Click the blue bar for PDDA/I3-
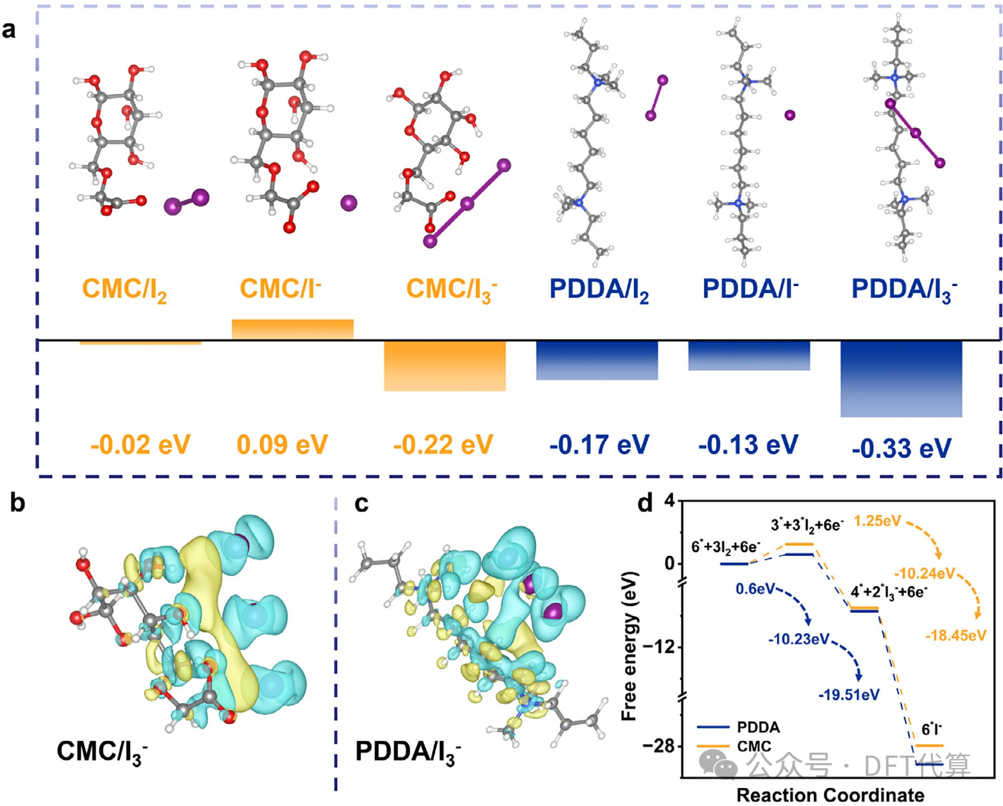click(901, 379)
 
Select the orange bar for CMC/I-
click(293, 329)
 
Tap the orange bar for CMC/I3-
click(445, 366)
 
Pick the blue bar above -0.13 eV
click(749, 355)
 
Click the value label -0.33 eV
click(902, 448)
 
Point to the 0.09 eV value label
click(282, 445)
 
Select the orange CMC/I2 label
click(124, 290)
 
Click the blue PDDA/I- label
click(751, 289)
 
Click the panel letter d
click(645, 503)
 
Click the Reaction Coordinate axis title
click(831, 795)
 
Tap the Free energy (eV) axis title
click(630, 645)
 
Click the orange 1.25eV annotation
click(878, 521)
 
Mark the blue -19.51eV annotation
click(849, 695)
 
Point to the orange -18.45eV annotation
click(955, 635)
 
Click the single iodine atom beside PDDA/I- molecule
click(790, 115)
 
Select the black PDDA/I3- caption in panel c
click(408, 752)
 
